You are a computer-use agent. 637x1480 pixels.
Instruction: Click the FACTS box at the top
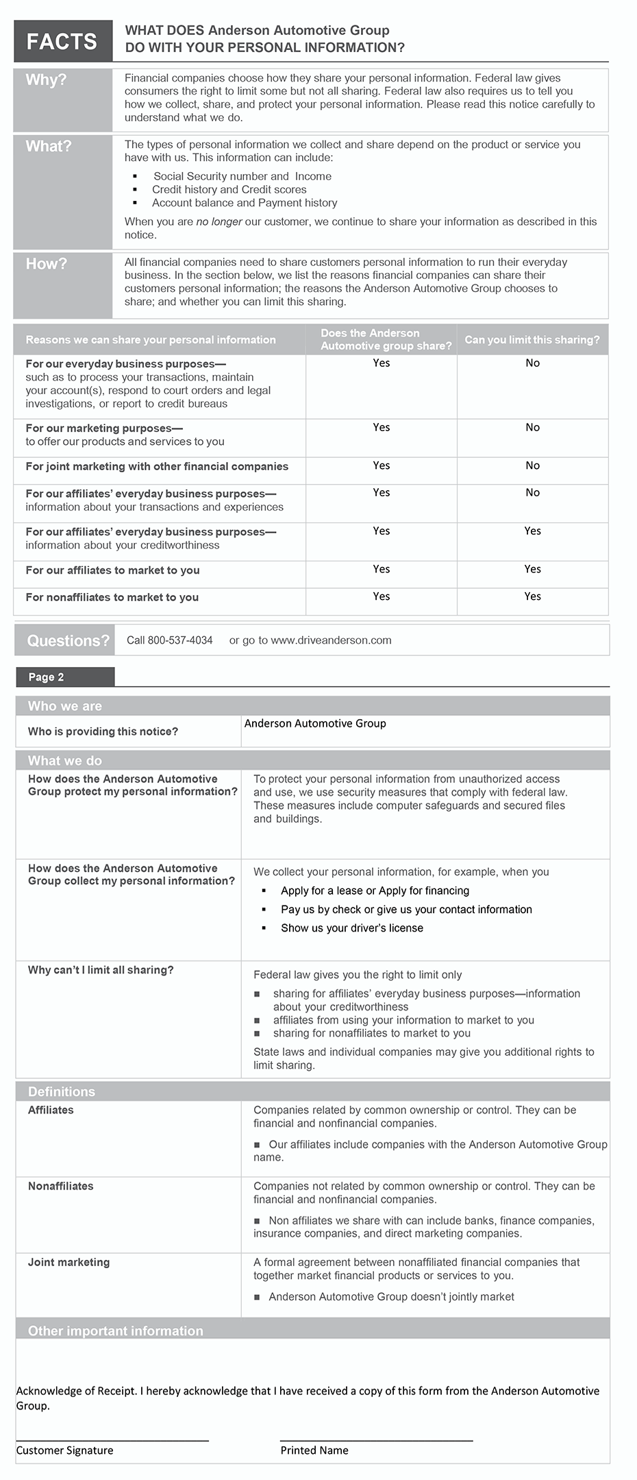(x=62, y=42)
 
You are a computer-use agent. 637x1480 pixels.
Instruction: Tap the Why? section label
(x=46, y=80)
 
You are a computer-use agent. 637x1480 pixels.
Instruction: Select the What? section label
(x=48, y=147)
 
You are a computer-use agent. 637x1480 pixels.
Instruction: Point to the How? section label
(x=46, y=265)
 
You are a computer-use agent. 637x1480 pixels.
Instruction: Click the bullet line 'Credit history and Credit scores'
(x=229, y=190)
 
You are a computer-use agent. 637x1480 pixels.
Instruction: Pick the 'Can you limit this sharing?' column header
(x=532, y=340)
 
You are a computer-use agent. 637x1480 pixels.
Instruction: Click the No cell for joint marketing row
(x=532, y=466)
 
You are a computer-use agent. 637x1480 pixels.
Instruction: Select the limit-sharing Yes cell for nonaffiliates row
(x=532, y=597)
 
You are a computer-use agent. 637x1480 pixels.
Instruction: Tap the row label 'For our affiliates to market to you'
(x=112, y=570)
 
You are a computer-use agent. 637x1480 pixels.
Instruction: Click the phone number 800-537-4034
(x=179, y=640)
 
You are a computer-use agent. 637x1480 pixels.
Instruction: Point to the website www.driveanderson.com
(x=331, y=640)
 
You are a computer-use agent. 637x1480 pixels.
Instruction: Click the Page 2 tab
(x=46, y=677)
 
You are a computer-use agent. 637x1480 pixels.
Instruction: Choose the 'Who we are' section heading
(x=64, y=706)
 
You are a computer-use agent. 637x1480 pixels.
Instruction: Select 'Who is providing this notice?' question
(x=103, y=732)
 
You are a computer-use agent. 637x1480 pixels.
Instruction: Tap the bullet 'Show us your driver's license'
(x=351, y=928)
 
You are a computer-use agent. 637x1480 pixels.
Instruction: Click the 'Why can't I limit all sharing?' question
(x=101, y=971)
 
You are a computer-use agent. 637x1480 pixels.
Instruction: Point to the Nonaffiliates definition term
(x=60, y=1187)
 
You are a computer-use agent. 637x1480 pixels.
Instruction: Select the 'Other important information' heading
(x=115, y=1331)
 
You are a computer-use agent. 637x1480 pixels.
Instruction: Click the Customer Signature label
(x=64, y=1451)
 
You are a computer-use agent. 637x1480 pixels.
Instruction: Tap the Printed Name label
(x=314, y=1451)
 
